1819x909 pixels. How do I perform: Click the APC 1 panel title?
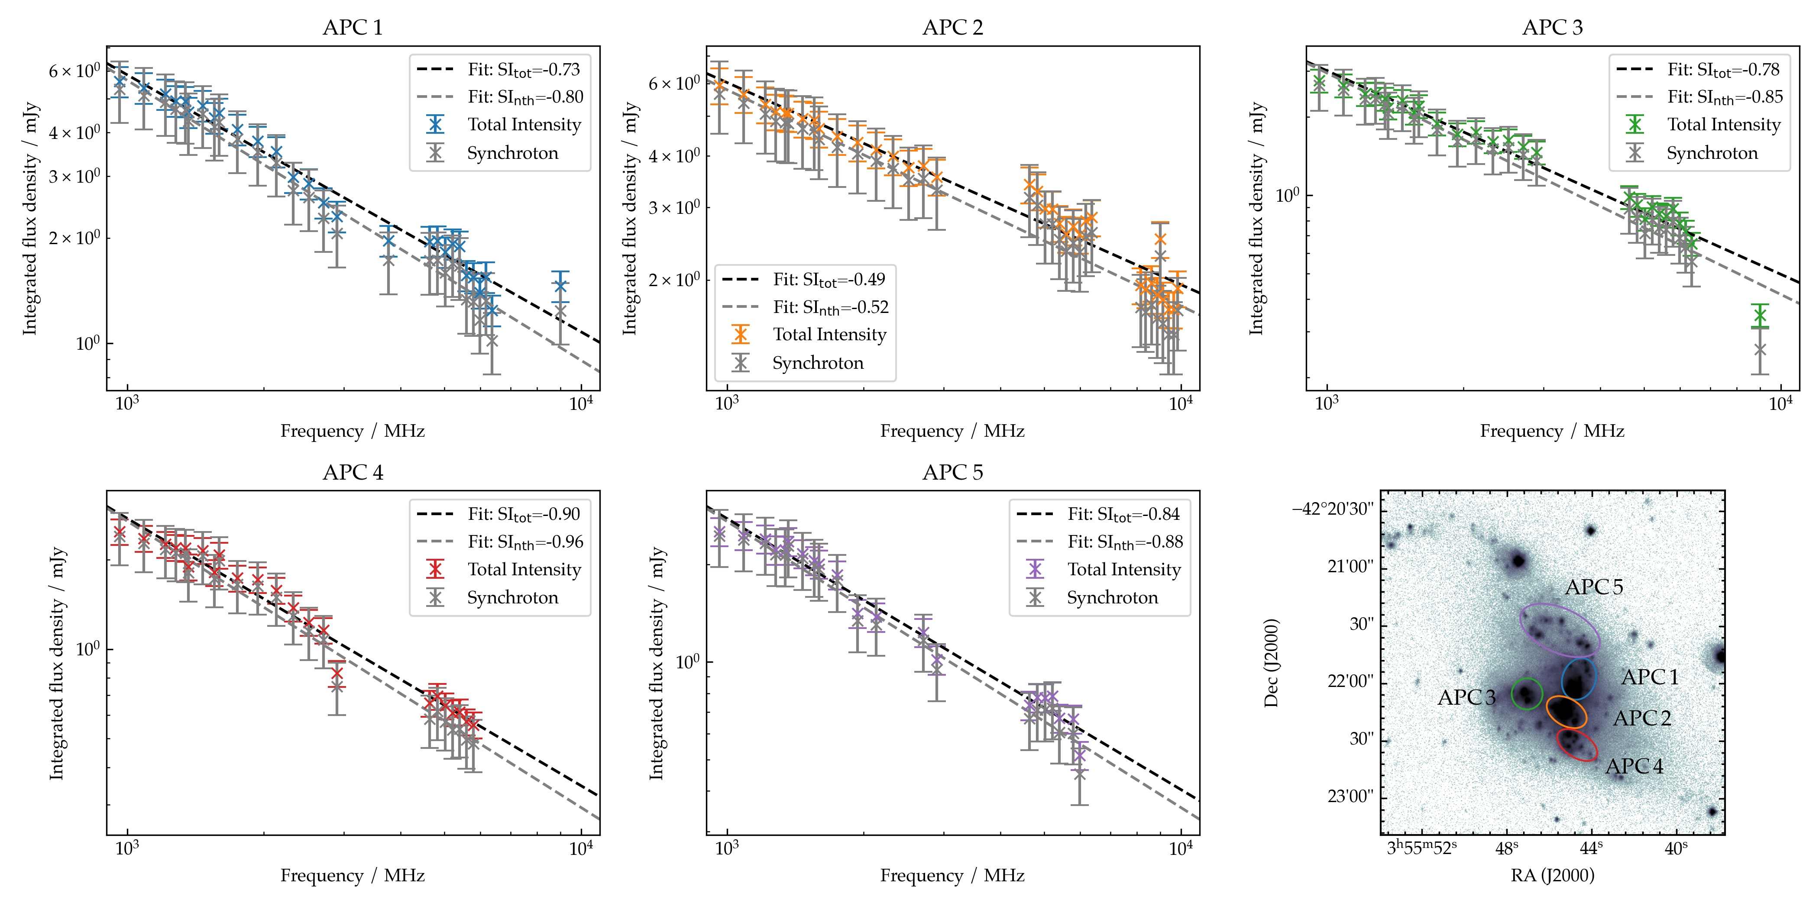353,28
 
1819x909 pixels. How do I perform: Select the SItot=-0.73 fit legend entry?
523,70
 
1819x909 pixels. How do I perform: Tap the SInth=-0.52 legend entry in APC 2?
830,307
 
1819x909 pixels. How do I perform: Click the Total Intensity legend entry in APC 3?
1723,125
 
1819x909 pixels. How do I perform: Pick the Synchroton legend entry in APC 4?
512,598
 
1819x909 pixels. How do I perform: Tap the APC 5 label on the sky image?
1594,587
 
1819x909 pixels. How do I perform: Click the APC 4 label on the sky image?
1634,767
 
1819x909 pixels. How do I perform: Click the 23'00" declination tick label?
1350,797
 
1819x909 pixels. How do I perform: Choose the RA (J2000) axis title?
1552,876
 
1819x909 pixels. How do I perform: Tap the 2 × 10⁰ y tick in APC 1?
74,238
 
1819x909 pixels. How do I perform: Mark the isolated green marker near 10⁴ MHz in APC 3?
1760,316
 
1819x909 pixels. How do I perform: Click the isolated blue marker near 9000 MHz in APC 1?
560,286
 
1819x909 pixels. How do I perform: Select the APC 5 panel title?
952,472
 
